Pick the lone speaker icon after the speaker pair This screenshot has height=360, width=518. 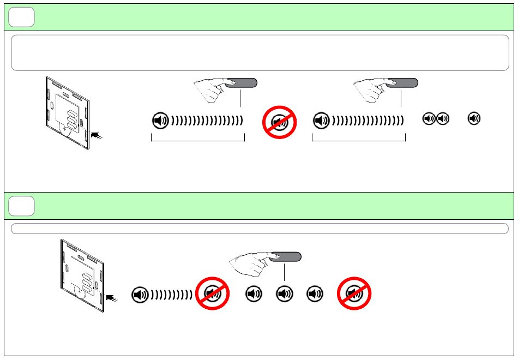[475, 118]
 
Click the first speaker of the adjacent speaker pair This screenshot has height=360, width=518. [430, 118]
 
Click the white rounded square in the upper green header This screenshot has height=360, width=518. [22, 17]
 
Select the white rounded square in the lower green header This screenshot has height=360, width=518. [22, 206]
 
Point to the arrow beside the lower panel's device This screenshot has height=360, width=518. [112, 298]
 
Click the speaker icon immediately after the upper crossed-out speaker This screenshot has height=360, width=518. [321, 121]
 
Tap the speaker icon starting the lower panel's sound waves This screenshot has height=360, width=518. [140, 295]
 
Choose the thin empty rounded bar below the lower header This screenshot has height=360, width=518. [260, 228]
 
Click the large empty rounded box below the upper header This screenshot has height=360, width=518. [260, 52]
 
